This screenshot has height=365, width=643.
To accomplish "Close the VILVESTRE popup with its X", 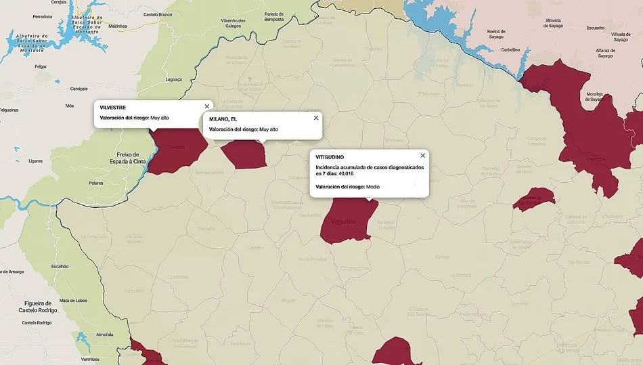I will [x=206, y=107].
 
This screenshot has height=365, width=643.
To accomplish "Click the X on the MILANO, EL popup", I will [x=316, y=118].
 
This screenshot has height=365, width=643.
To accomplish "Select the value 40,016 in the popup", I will [x=346, y=173].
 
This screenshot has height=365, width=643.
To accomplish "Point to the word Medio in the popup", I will [x=373, y=186].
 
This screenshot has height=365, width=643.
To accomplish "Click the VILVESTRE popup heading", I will [x=112, y=108].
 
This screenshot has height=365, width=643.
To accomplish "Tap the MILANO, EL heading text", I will [x=223, y=119].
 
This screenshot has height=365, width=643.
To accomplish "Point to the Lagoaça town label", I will [x=174, y=79].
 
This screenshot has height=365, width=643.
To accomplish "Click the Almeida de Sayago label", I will [x=553, y=23].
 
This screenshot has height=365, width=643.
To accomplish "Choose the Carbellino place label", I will [x=510, y=49].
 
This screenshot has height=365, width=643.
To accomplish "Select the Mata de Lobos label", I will [x=73, y=300].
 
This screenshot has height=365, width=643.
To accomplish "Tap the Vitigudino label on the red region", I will [x=343, y=221].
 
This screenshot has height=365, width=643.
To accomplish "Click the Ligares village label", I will [x=36, y=161].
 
